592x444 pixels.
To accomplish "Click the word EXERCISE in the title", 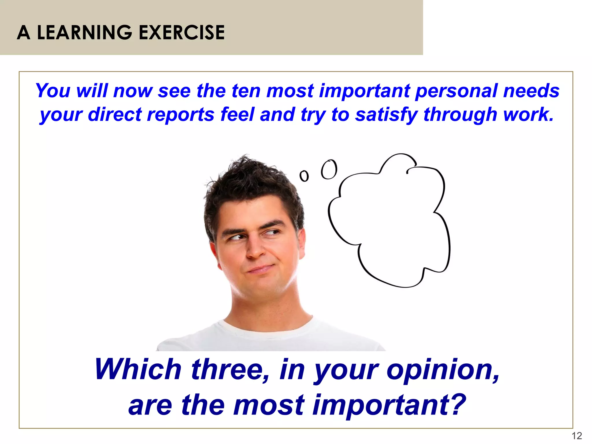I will (x=182, y=32).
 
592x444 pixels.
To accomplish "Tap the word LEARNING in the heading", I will (x=85, y=32).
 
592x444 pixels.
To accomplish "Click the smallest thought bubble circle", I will (x=304, y=176).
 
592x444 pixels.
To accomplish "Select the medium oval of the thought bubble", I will (x=329, y=169).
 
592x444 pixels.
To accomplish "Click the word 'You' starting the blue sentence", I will (x=53, y=90).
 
